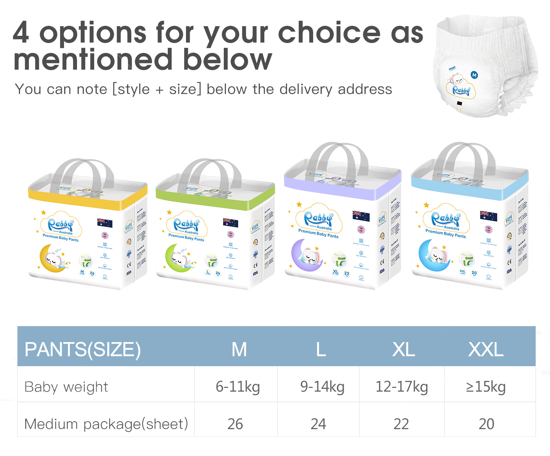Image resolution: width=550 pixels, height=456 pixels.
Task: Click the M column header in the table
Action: (239, 349)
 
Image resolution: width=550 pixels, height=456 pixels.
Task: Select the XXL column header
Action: (486, 349)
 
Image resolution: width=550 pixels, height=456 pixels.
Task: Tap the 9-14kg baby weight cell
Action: (322, 386)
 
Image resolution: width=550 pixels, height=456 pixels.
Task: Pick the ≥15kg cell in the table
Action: (486, 386)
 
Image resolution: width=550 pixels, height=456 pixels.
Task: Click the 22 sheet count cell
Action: (401, 424)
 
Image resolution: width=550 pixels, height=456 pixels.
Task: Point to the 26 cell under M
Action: (235, 424)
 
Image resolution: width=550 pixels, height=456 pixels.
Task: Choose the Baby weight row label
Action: (66, 387)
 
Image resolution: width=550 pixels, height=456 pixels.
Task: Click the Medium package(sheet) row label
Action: (106, 424)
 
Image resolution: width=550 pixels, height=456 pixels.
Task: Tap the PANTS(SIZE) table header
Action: (82, 349)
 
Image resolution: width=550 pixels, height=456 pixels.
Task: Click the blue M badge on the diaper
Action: (474, 75)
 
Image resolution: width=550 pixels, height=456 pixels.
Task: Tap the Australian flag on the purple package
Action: (361, 216)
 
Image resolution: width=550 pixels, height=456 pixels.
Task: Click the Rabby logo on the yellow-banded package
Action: (61, 225)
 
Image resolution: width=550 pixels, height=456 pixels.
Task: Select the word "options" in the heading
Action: (93, 33)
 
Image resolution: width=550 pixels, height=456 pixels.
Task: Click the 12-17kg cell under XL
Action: (401, 386)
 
